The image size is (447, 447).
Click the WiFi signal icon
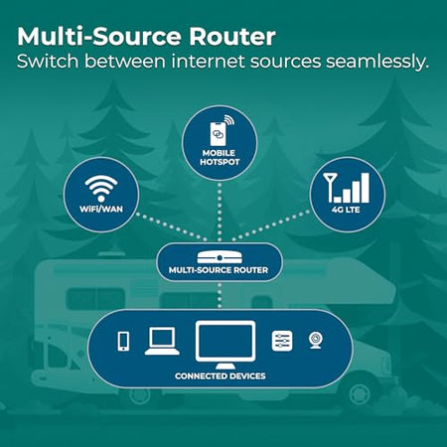coord(101,189)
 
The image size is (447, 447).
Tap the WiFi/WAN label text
coord(101,210)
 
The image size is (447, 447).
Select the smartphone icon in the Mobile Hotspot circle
coord(219,133)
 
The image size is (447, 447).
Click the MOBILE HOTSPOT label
coord(220,158)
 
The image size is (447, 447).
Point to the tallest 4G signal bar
coord(365,188)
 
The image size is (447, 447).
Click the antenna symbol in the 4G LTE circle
coord(329,187)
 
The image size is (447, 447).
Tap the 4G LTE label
coord(346,210)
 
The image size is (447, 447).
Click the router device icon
coord(220,257)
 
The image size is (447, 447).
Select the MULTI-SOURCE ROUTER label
coord(219,270)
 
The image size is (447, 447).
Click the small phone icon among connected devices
coord(123,342)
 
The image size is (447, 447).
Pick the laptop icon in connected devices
coord(162,341)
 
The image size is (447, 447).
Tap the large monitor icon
coord(225,345)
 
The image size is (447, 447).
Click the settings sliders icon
coord(282,341)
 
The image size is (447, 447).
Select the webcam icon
coord(316,341)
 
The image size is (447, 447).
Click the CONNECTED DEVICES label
coord(221,376)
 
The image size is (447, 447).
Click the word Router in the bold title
coord(232,37)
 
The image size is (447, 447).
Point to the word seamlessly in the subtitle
coord(377,62)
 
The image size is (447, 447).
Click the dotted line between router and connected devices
coord(220,295)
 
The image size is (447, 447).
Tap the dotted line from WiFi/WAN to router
coord(172,226)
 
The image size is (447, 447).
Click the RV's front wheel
coord(359,393)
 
